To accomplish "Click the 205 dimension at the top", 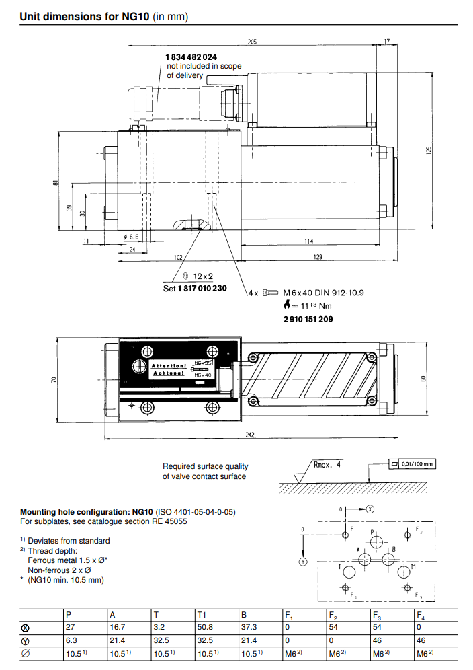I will [252, 42].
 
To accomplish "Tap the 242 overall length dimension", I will [249, 435].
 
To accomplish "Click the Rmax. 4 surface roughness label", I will [328, 464].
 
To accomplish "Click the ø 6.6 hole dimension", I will [131, 237].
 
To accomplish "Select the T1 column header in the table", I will [202, 615].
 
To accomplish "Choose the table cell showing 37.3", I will [248, 628].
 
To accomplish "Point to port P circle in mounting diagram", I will [376, 542].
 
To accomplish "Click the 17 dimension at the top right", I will [386, 42].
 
